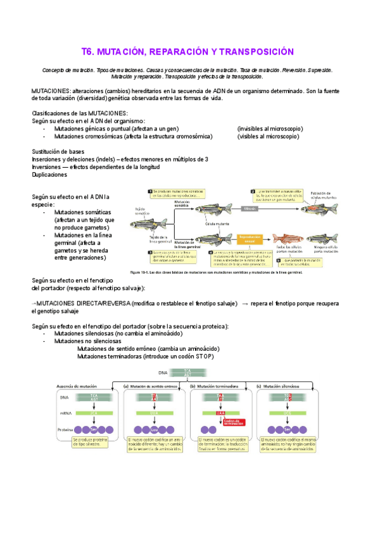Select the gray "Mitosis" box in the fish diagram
tap(249, 208)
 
